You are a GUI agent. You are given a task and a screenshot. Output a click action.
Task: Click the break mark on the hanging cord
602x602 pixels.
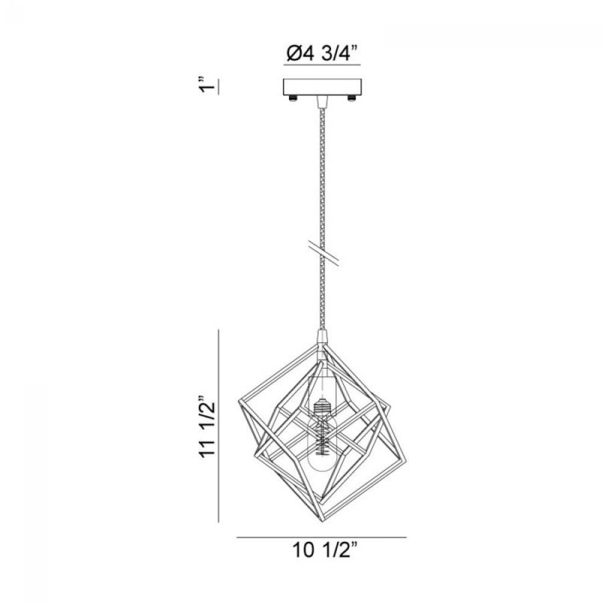click(x=324, y=253)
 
